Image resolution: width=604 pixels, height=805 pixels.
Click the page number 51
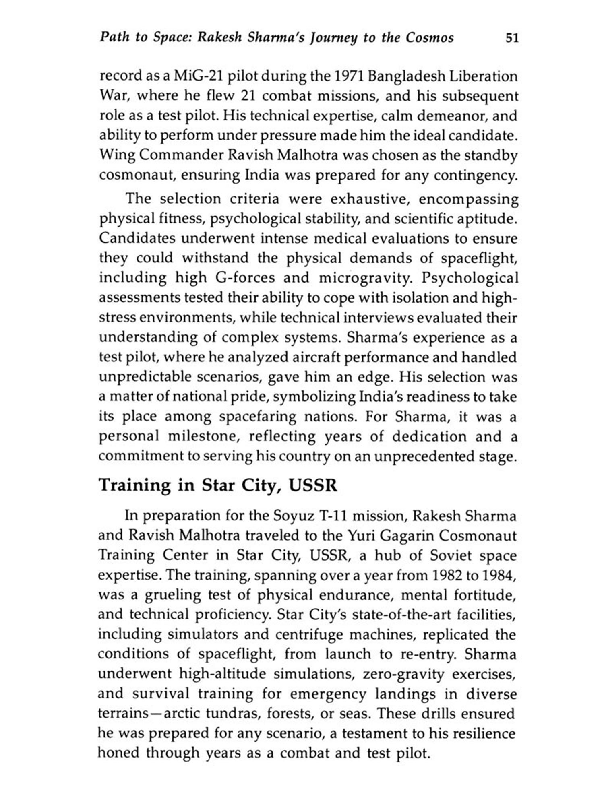tap(512, 38)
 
